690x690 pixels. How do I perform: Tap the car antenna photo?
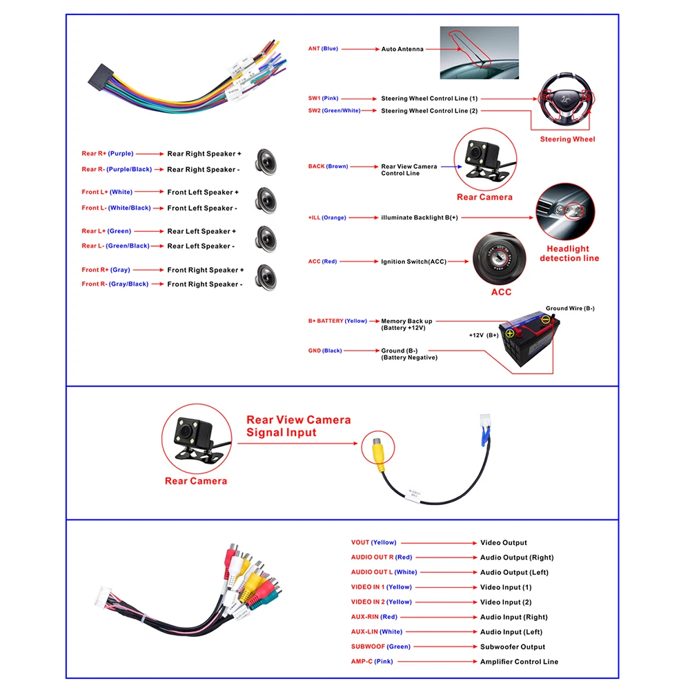coord(479,53)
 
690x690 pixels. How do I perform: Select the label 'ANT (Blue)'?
coord(323,49)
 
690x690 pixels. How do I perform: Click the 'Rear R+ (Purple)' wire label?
coord(108,154)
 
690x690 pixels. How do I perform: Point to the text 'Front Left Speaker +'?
coord(203,193)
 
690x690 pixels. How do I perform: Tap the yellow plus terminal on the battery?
coord(511,333)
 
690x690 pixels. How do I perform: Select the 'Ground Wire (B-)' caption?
coord(570,308)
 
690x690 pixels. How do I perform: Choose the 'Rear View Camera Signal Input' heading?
coord(298,426)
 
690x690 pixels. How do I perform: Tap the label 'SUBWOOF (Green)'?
coord(380,647)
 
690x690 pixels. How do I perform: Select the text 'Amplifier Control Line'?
coord(519,662)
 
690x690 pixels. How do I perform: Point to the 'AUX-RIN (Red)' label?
coord(374,617)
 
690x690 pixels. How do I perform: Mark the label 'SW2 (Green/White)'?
coord(334,110)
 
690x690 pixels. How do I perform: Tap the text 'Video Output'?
coord(504,543)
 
